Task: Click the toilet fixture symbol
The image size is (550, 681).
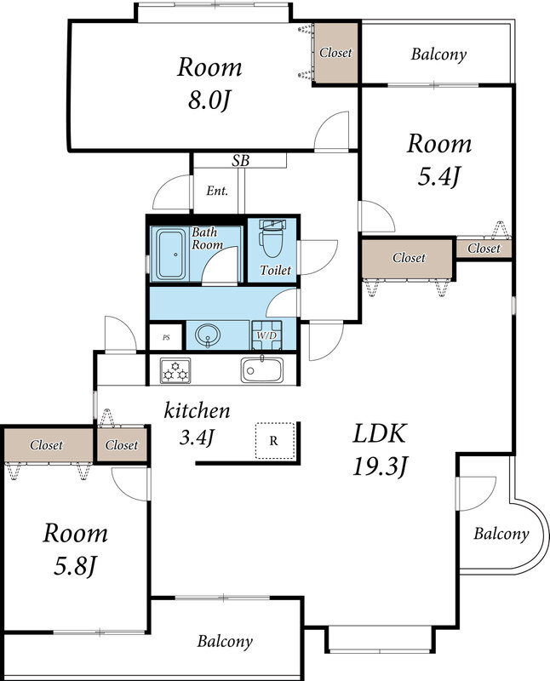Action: coord(272,238)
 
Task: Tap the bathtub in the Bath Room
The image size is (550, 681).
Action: coord(171,255)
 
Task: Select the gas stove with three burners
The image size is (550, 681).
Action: coord(175,370)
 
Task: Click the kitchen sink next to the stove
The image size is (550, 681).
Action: coord(262,369)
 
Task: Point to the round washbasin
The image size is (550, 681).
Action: coord(208,335)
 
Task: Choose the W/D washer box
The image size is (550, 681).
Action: coord(266,335)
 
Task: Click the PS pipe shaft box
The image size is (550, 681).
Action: coord(165,337)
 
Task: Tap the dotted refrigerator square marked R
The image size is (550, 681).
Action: coord(275,440)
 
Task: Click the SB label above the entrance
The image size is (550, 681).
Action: coord(240,161)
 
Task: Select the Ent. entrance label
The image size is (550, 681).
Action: coord(217,191)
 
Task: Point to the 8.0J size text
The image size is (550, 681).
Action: coord(209,100)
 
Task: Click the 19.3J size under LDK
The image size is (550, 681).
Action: coord(380,467)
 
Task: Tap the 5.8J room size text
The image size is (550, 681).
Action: coord(75,566)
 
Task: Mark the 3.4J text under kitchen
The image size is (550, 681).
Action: coord(197,438)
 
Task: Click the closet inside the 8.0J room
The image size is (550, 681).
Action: coord(335,53)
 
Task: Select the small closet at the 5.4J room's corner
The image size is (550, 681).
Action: coord(484,249)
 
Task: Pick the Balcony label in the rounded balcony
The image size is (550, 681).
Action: coord(501,534)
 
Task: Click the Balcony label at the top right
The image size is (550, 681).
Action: coord(438,54)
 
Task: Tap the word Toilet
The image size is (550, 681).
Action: coord(276,270)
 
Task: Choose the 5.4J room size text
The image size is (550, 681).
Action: coord(438,177)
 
